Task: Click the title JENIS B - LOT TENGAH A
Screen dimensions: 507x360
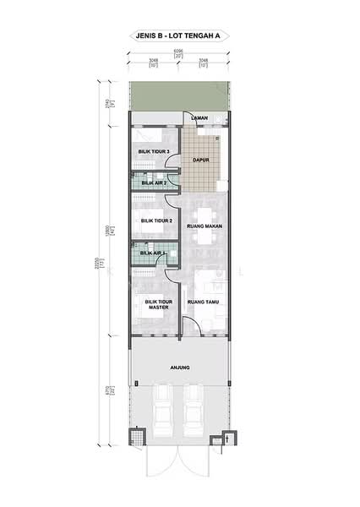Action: tap(179, 36)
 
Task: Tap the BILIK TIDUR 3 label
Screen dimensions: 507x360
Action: tap(155, 152)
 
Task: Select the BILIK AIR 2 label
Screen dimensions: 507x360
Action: tap(154, 182)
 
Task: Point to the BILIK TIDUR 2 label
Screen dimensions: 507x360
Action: tap(156, 221)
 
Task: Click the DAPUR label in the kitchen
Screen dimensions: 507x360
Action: tap(201, 158)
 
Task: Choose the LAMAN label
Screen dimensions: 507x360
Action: tap(199, 117)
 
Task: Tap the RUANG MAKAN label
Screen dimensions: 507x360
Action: tap(205, 225)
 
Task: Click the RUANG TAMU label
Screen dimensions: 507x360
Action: tap(205, 302)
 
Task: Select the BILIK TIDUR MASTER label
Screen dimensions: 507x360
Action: tap(158, 304)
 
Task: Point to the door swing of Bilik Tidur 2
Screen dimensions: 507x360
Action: tap(172, 199)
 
